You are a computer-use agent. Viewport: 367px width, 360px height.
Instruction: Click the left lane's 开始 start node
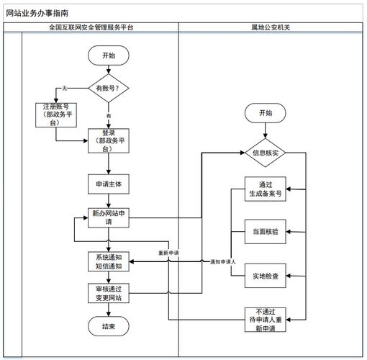pyautogui.click(x=109, y=55)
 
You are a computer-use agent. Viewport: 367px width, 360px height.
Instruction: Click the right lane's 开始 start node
pyautogui.click(x=266, y=113)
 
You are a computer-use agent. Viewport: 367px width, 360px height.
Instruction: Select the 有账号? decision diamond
pyautogui.click(x=109, y=88)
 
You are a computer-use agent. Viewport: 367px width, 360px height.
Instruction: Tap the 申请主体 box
pyautogui.click(x=109, y=184)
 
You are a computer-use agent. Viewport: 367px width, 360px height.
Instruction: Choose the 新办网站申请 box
pyautogui.click(x=109, y=217)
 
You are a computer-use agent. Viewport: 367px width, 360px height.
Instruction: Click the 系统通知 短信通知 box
pyautogui.click(x=109, y=261)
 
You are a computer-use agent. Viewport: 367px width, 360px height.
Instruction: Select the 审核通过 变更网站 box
pyautogui.click(x=109, y=293)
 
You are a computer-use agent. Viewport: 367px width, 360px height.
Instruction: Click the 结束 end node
pyautogui.click(x=109, y=326)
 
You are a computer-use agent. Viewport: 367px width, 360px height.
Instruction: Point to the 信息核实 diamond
pyautogui.click(x=266, y=153)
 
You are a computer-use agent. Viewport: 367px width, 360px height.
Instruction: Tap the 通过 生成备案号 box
pyautogui.click(x=266, y=189)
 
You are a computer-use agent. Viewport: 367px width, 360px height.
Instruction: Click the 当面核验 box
pyautogui.click(x=266, y=232)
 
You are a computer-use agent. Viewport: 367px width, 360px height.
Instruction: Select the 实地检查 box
pyautogui.click(x=266, y=275)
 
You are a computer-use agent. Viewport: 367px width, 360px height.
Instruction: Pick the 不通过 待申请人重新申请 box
pyautogui.click(x=266, y=318)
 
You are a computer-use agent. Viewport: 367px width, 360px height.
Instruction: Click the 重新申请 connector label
pyautogui.click(x=169, y=253)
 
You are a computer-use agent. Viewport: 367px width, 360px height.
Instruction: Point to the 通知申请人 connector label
pyautogui.click(x=223, y=262)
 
